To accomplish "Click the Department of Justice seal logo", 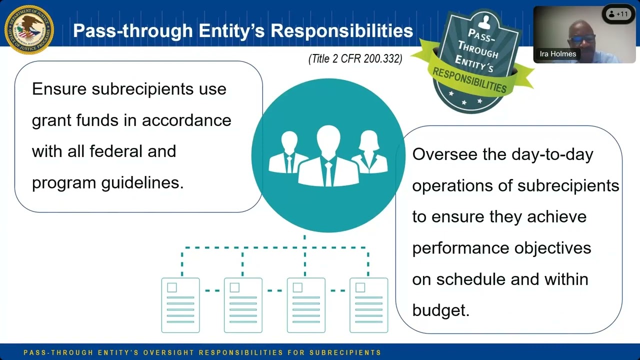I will (x=29, y=29).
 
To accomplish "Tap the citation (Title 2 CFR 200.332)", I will (x=355, y=59).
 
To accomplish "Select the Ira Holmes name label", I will (x=557, y=54).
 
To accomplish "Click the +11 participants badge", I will (x=619, y=14).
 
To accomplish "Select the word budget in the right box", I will (x=440, y=310).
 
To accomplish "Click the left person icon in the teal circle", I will (x=288, y=153).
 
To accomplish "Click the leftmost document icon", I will (x=180, y=305).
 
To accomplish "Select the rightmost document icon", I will (x=368, y=305).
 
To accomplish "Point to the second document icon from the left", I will (x=243, y=305).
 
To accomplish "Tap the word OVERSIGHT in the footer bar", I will (x=168, y=352).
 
